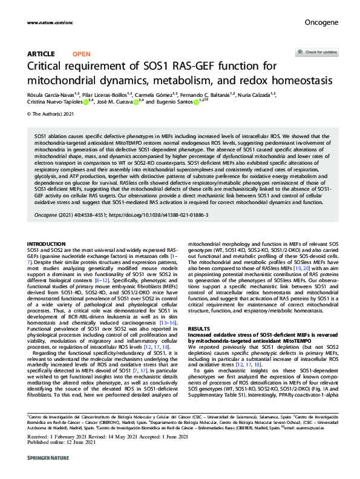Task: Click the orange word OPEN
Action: [81, 54]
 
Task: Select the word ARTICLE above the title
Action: [41, 54]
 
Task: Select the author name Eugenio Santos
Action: [174, 103]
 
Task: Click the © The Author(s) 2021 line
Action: [50, 114]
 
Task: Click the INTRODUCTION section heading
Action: [47, 244]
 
